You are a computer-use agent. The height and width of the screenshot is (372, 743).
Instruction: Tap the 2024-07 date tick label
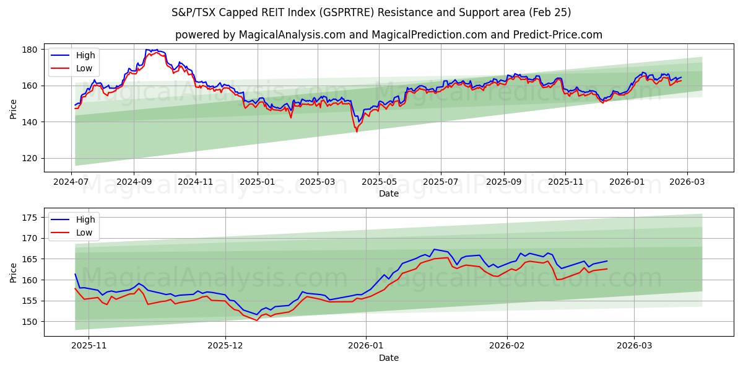pyautogui.click(x=71, y=182)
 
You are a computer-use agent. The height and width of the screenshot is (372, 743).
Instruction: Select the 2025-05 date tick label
pyautogui.click(x=379, y=182)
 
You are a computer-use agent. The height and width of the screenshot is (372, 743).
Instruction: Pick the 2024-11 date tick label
pyautogui.click(x=196, y=182)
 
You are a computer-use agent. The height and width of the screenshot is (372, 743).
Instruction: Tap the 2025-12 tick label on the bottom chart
pyautogui.click(x=225, y=347)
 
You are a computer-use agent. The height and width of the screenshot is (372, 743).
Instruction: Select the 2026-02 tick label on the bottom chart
pyautogui.click(x=507, y=347)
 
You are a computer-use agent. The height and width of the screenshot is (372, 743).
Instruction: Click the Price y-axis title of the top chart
pyautogui.click(x=14, y=109)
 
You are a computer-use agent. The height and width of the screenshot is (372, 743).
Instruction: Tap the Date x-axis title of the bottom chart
pyautogui.click(x=388, y=358)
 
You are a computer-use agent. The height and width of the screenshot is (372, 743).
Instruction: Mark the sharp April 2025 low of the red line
pyautogui.click(x=357, y=131)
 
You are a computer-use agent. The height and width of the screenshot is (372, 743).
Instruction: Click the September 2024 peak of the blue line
pyautogui.click(x=147, y=50)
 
